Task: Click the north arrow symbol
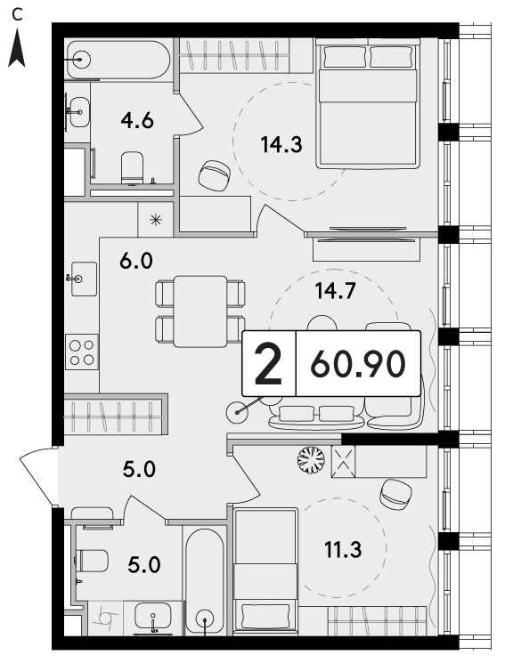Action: (x=17, y=47)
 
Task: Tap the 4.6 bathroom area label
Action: (x=137, y=121)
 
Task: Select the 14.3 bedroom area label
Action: (x=281, y=145)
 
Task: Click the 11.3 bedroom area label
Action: (x=343, y=550)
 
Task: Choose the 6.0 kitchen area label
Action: (x=136, y=261)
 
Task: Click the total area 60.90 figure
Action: (x=358, y=364)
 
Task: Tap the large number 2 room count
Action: (x=268, y=364)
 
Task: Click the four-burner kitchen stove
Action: (x=82, y=352)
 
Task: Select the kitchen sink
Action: (x=84, y=279)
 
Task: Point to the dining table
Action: (x=200, y=311)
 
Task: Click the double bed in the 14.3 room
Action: (x=367, y=104)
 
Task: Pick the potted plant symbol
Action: (x=311, y=460)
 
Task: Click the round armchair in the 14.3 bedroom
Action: (x=214, y=176)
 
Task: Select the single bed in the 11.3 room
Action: (x=265, y=571)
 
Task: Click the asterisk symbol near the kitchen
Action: (x=156, y=220)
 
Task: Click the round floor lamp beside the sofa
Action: (x=238, y=413)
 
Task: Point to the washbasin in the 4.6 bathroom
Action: (x=79, y=112)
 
